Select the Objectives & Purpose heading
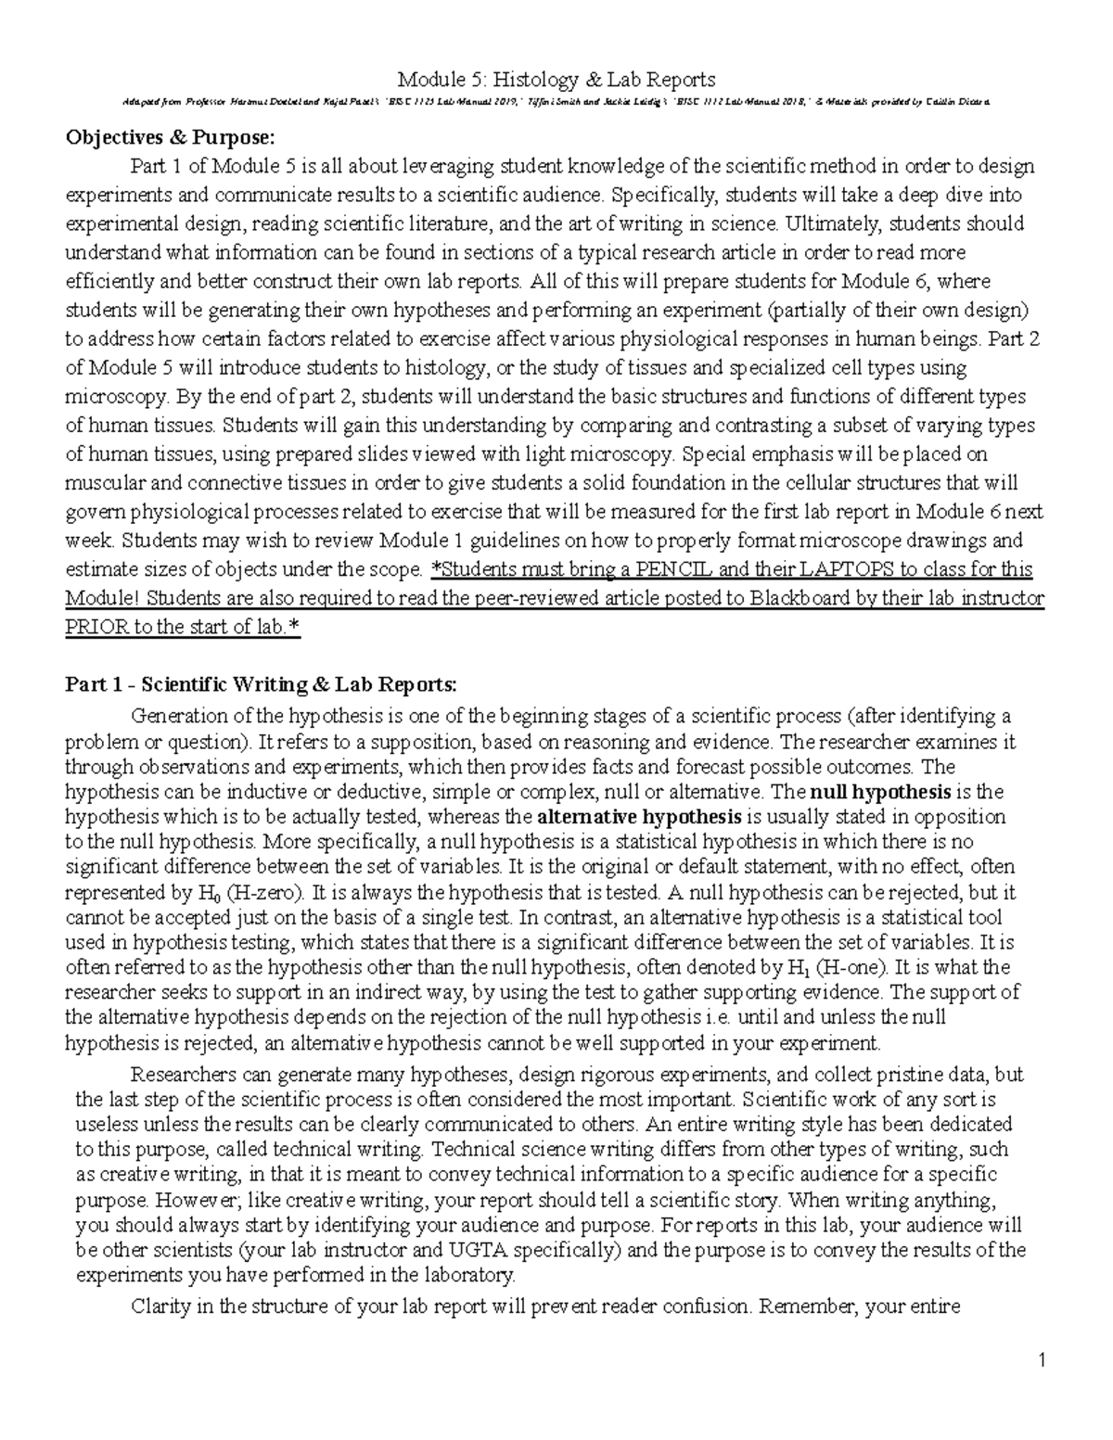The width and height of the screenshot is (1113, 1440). (170, 138)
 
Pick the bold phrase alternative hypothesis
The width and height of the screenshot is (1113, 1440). (639, 817)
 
